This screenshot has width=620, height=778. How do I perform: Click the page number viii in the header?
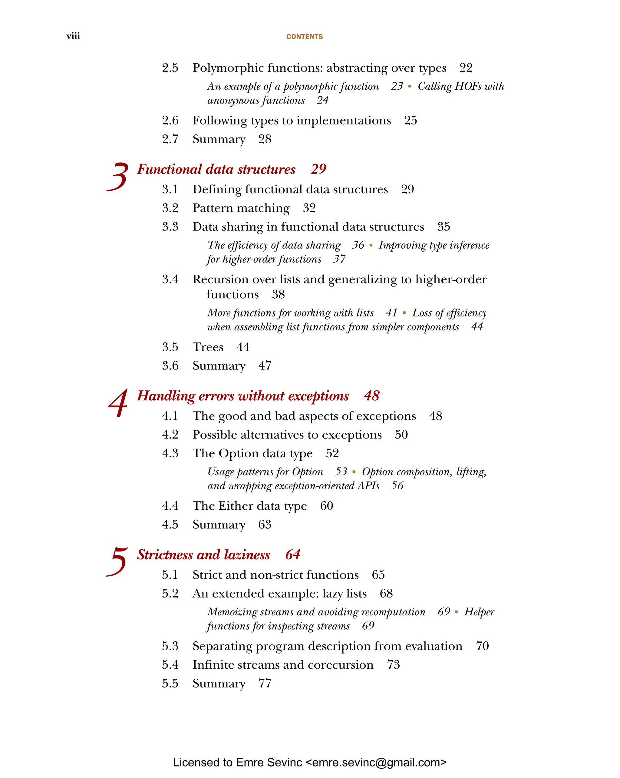coord(73,36)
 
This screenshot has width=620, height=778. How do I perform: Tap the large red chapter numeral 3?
coord(117,177)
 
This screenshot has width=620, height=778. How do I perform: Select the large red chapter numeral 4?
coord(118,403)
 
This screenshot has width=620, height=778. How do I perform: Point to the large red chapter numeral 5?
coord(117,561)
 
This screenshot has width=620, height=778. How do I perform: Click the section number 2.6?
coord(170,121)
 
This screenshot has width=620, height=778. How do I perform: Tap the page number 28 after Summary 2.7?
coord(264,139)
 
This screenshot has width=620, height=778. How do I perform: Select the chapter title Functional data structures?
coord(216,169)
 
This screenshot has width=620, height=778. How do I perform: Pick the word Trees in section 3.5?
coord(208,347)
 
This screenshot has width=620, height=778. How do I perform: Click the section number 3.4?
coord(170,279)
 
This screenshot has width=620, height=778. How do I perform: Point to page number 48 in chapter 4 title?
coord(371,396)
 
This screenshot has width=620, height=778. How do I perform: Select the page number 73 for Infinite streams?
coord(393,665)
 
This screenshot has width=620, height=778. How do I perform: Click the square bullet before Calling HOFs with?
coord(409,86)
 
